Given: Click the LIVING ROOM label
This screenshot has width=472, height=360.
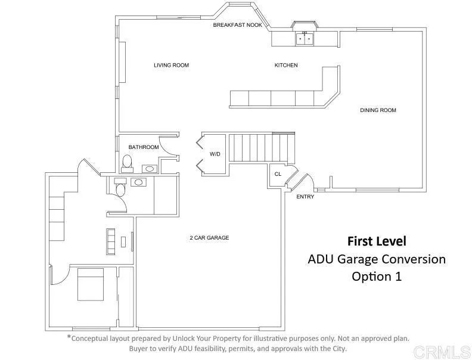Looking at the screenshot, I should pos(171,65).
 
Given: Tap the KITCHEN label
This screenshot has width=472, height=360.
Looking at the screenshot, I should pos(285,65).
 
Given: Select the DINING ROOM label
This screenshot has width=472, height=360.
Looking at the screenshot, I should pos(378,110).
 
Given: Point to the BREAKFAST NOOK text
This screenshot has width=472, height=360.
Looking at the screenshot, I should pos(238,26).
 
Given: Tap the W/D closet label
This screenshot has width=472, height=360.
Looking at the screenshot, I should pos(215,154).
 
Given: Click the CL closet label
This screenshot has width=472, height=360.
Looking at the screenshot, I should pos(278,174).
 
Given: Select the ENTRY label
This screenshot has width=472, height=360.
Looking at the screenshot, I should pos(305,197).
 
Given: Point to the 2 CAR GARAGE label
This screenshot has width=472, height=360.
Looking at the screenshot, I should pos(209,237).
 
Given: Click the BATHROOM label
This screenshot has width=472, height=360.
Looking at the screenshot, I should pos(144,147).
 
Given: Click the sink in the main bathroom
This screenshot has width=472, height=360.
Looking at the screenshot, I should pos(148,169).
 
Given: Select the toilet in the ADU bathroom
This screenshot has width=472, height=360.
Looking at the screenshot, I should pos(120,190).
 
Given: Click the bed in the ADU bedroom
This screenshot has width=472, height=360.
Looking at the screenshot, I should pos(90,284).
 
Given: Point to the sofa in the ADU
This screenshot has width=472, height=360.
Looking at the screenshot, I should pos(110,240).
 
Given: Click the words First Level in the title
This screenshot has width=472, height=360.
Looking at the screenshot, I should pos(377,241).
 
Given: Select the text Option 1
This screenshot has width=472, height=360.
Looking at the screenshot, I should pos(377,277).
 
